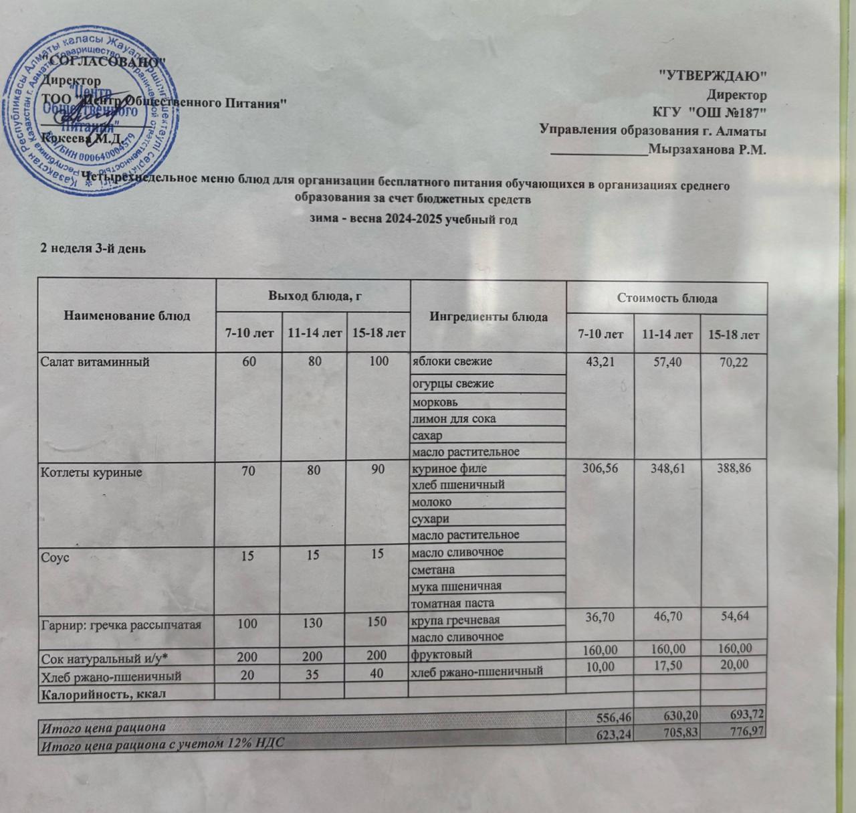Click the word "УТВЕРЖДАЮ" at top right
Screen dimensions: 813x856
712,75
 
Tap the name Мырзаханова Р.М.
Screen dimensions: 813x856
707,149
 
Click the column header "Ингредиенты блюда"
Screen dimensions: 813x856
488,317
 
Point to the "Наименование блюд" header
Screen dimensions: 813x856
126,315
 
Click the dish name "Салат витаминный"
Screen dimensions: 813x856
95,362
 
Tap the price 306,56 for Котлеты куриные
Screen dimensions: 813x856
600,468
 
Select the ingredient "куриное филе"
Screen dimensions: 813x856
449,468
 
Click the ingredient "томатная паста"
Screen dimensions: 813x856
453,603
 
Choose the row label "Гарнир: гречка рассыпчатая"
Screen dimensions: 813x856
121,624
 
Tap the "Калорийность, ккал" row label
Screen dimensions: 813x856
103,694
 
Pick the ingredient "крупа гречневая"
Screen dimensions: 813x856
455,620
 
